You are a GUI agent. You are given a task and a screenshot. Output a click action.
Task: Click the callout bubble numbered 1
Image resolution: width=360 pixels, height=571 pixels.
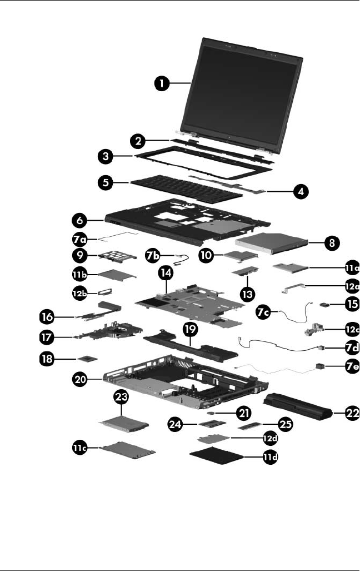click(162, 83)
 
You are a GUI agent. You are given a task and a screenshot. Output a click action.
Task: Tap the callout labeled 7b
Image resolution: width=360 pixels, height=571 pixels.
click(153, 256)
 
